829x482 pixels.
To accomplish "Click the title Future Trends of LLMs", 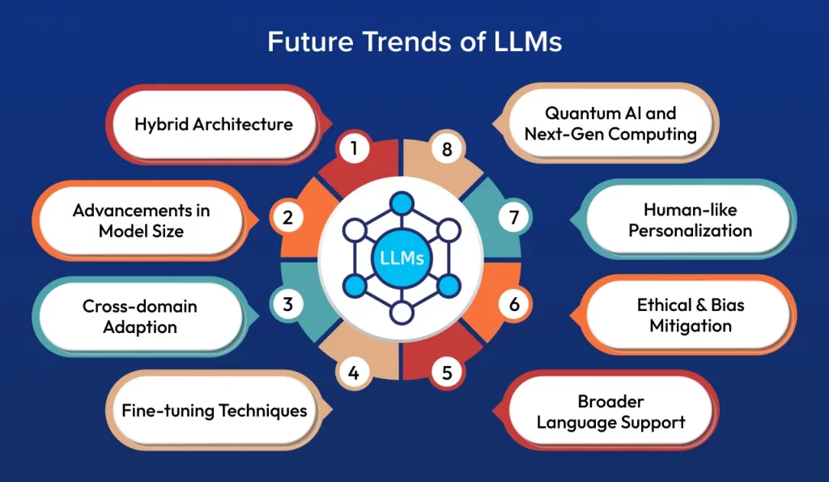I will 414,41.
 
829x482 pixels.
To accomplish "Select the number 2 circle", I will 287,218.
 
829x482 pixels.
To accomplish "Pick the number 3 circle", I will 288,305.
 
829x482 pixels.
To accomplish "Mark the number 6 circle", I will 514,305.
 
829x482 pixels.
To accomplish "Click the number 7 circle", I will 514,218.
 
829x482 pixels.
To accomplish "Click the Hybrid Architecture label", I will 214,124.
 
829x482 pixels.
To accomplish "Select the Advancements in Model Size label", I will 141,220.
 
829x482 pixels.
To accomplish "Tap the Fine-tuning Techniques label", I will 215,410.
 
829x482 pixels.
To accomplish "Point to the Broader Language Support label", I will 610,412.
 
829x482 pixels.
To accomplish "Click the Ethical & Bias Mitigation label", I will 690,316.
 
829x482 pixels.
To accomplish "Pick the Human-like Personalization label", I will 690,220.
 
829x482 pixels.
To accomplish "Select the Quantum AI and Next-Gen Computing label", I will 610,123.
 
